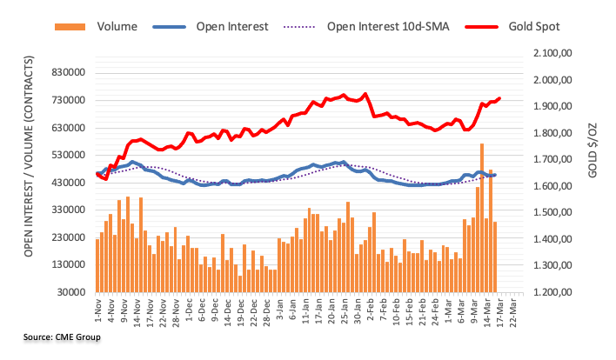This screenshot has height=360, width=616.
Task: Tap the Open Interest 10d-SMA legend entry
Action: pyautogui.click(x=385, y=25)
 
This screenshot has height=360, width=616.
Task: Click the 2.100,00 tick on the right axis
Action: pyautogui.click(x=547, y=54)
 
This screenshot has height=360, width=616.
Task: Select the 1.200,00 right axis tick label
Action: pyautogui.click(x=547, y=292)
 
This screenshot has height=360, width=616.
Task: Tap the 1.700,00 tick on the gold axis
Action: pyautogui.click(x=547, y=160)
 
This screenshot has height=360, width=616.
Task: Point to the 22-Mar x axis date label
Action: pyautogui.click(x=519, y=311)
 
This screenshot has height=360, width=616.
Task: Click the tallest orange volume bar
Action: pyautogui.click(x=482, y=217)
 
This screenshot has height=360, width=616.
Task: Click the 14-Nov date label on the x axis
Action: pyautogui.click(x=137, y=311)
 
